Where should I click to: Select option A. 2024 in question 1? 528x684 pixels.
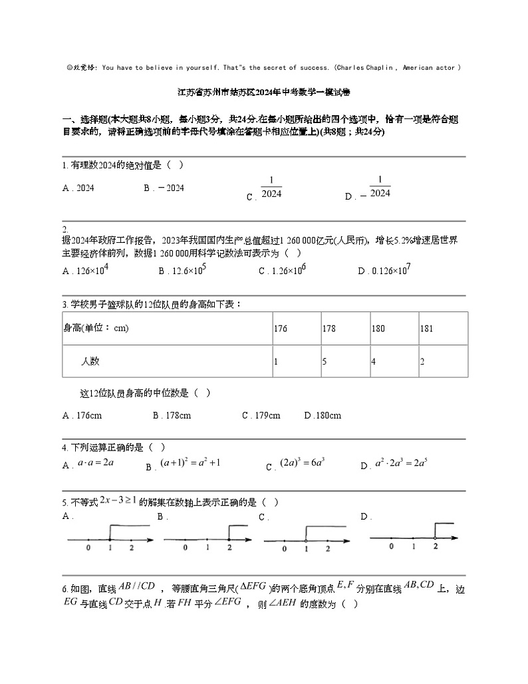pos(78,188)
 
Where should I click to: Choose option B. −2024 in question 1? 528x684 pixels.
pos(164,188)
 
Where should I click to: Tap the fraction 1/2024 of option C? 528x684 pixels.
pos(271,187)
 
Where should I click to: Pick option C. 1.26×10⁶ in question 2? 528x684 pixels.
pos(282,270)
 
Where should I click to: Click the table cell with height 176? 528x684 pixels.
pos(280,328)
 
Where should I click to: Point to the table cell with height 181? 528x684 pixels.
pos(427,328)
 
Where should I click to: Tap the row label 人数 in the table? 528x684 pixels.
pos(90,361)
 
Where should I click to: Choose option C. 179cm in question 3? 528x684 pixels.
pos(261,416)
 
